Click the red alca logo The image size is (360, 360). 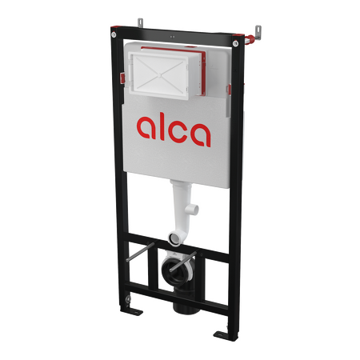tap(174, 131)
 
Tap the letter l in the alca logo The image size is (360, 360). tap(162, 128)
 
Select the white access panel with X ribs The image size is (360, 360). tap(159, 75)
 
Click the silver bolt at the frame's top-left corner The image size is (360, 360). tap(114, 34)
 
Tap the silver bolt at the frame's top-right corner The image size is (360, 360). tap(235, 43)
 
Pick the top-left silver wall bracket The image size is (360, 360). tap(141, 22)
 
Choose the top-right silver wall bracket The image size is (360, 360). tap(258, 32)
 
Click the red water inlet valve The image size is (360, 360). tap(249, 38)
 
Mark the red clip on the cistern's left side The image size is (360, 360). tap(122, 78)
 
